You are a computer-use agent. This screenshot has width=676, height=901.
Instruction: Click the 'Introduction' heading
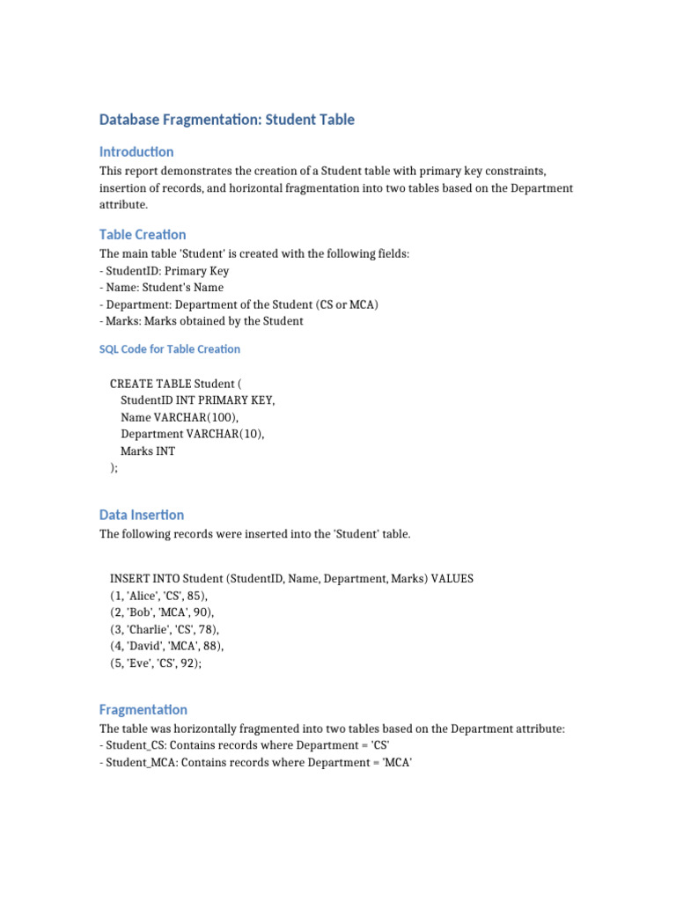tap(136, 151)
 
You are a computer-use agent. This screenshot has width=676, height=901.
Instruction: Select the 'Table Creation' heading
tap(143, 234)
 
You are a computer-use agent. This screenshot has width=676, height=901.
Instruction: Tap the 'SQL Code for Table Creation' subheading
tap(169, 348)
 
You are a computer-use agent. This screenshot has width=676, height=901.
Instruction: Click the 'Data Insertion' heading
tap(142, 515)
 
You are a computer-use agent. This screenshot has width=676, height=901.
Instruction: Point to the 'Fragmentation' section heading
tap(143, 709)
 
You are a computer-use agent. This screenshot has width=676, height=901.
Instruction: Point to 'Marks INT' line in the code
tap(148, 451)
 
